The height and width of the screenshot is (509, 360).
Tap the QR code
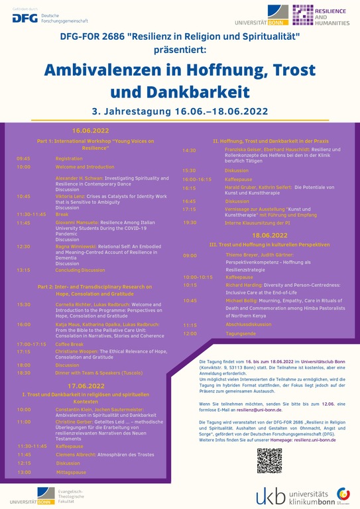click(x=269, y=461)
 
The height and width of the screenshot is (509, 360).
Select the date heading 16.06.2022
click(x=90, y=131)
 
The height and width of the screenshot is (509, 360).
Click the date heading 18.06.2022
click(x=269, y=235)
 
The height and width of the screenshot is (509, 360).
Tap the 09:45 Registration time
click(x=24, y=158)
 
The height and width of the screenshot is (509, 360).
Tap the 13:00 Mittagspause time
click(x=24, y=472)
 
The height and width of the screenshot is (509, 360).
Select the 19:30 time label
click(x=190, y=222)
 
